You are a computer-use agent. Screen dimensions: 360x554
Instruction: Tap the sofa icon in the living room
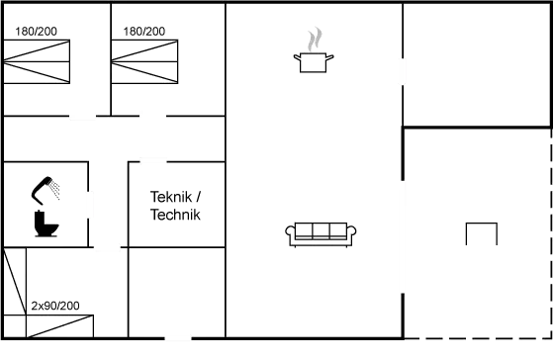point(321,234)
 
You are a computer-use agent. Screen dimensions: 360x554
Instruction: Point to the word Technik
point(176,215)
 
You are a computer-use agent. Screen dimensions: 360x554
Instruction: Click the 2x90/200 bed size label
point(54,305)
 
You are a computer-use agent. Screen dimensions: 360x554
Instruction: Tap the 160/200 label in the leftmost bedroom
point(38,32)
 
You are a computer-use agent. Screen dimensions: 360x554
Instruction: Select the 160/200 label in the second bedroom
point(143,32)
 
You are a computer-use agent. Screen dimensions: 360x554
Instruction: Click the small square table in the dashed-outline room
point(481,234)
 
